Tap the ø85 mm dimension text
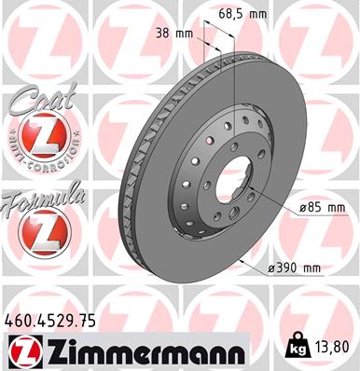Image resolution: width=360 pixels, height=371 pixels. (x=298, y=206)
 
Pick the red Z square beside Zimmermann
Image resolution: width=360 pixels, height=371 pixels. (x=22, y=352)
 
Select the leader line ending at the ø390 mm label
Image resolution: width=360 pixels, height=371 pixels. (x=252, y=266)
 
